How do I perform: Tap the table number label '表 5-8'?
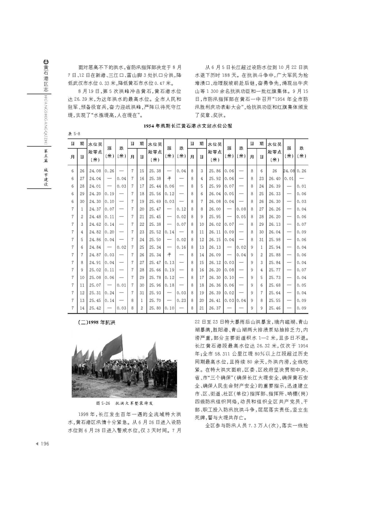[74, 133]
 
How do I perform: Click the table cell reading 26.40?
[274, 178]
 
